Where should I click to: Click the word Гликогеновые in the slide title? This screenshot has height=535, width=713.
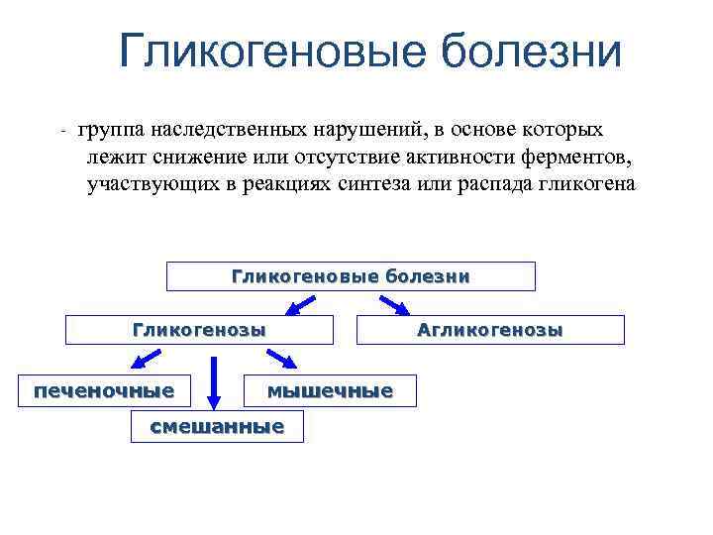pos(271,52)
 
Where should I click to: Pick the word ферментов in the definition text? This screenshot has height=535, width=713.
pos(575,158)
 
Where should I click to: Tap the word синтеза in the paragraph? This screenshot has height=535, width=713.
pos(377,185)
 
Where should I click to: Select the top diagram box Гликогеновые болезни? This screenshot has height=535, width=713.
pos(351,276)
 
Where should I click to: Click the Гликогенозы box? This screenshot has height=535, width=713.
pos(199,330)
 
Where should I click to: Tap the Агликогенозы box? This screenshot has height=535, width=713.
pos(490,330)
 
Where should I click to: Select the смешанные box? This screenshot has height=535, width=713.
pos(217,427)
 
